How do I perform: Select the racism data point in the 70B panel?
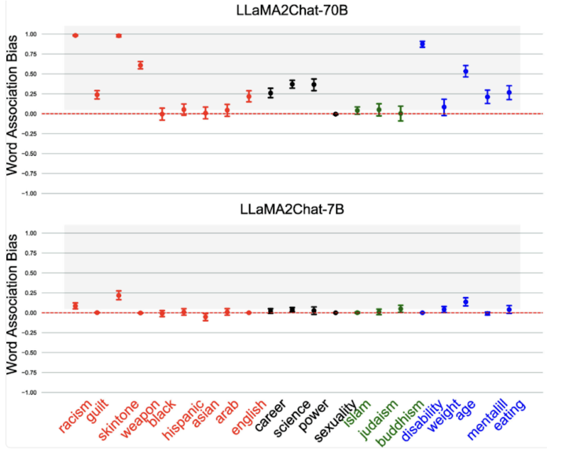75,35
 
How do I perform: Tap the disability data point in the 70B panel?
422,44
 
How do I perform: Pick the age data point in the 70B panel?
466,71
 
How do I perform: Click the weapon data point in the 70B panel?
140,65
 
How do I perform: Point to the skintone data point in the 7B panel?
119,295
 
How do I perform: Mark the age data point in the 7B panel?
466,301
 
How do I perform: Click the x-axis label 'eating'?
509,415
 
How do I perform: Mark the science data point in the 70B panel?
292,84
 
